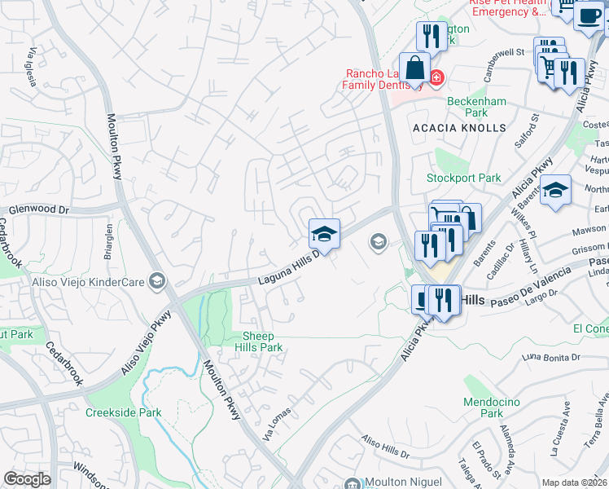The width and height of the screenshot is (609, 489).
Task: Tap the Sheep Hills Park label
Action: coord(263,341)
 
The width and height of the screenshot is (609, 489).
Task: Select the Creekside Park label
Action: coord(117,412)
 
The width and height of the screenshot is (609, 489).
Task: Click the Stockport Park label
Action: coord(464,178)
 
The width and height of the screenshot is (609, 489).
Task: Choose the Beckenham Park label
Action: coord(478,108)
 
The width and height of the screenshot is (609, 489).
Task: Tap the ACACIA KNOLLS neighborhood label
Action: coord(459,128)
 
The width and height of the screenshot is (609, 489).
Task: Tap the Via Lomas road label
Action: coord(277,426)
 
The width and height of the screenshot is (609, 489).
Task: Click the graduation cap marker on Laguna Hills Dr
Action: coord(324,234)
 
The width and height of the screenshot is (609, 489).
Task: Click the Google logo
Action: coord(28,479)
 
